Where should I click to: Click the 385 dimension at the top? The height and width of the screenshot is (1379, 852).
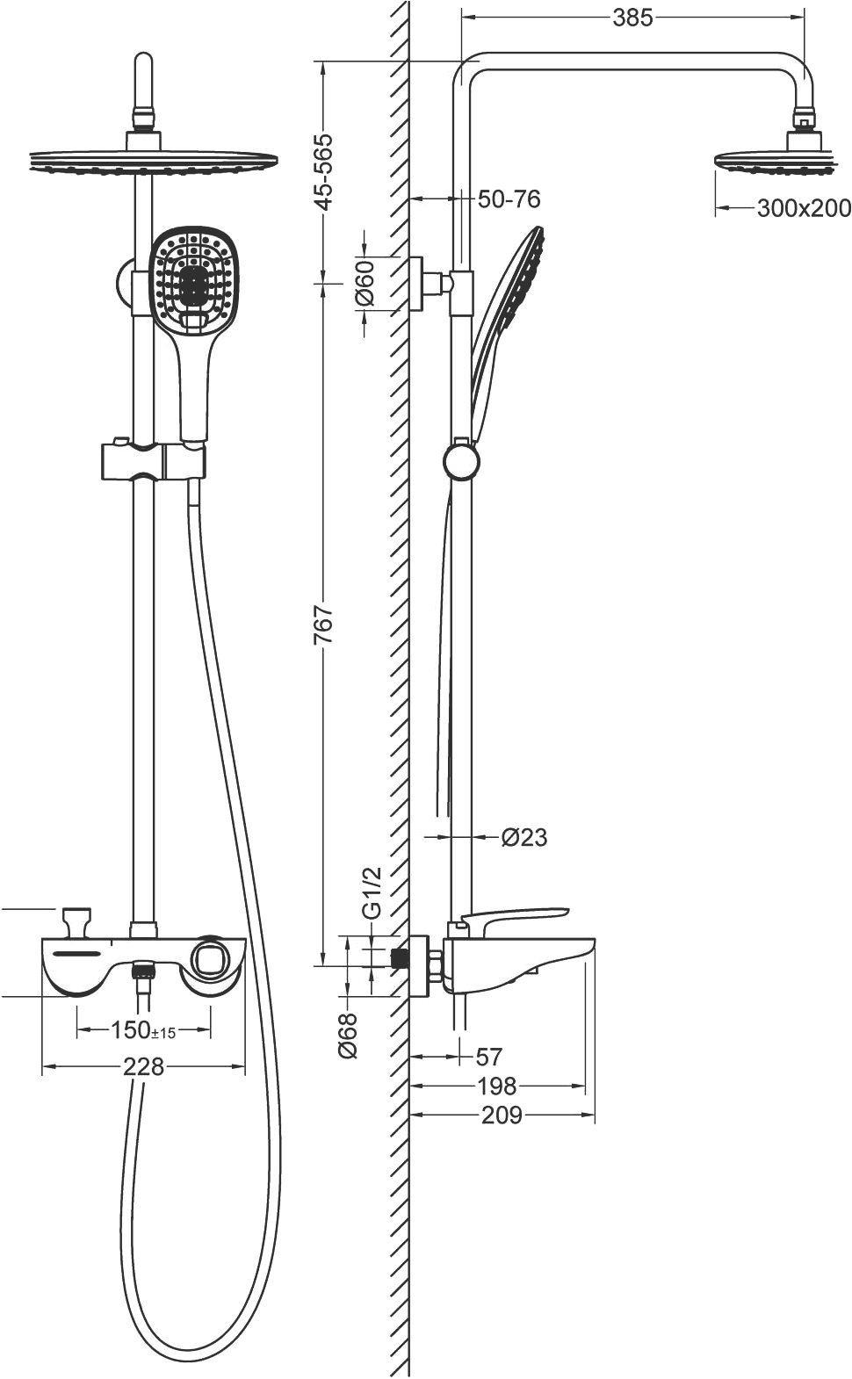tap(632, 17)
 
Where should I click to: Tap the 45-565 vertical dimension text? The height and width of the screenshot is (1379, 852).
tap(324, 171)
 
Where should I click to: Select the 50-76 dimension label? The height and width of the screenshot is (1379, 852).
tap(509, 199)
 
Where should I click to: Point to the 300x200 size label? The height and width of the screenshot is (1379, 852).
tap(803, 208)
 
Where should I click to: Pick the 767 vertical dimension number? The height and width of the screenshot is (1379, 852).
tap(324, 624)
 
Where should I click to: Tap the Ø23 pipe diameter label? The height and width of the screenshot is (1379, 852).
tap(524, 837)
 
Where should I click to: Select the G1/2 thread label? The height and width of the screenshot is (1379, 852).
tap(372, 892)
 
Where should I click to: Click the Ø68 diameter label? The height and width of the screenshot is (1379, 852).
tap(349, 1035)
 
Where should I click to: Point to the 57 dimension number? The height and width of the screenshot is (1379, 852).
tap(488, 1057)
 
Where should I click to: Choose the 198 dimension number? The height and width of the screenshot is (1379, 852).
tap(496, 1087)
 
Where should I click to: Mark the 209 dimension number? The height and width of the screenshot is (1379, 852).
tap(502, 1115)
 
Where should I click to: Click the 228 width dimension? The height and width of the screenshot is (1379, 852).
tap(143, 1066)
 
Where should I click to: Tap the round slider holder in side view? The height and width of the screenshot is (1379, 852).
tap(461, 461)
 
